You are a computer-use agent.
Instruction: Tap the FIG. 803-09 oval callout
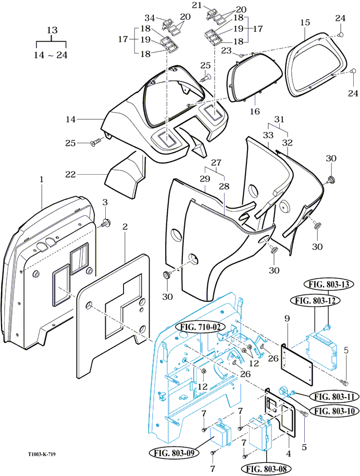[x=175, y=453]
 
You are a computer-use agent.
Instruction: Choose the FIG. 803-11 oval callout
[x=334, y=396]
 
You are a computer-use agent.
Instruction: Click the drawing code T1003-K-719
[x=42, y=454]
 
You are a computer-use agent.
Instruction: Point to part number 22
[x=70, y=174]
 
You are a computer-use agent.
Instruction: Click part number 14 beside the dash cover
[x=70, y=119]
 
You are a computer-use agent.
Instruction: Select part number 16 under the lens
[x=255, y=112]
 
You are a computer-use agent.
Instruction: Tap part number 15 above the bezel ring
[x=305, y=22]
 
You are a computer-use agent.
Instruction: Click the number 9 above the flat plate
[x=287, y=319]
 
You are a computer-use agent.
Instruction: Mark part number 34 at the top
[x=150, y=18]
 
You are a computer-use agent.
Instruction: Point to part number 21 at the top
[x=197, y=5]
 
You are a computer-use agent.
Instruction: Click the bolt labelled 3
[x=106, y=223]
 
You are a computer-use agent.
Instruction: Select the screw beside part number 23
[x=241, y=55]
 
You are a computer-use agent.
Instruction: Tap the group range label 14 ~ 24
[x=51, y=55]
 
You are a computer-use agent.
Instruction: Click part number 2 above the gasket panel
[x=125, y=226]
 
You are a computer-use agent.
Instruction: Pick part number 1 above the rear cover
[x=42, y=179]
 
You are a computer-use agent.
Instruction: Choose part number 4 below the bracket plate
[x=289, y=454]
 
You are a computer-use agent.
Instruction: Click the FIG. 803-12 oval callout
[x=315, y=300]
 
